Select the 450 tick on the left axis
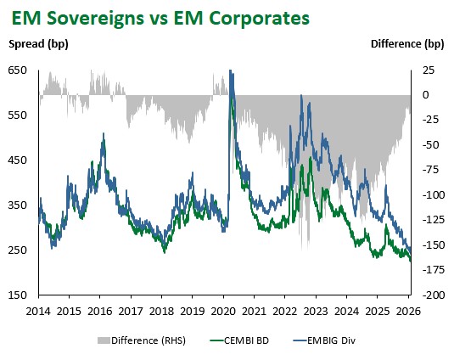point(18,160)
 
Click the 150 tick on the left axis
point(18,295)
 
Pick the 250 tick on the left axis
point(18,250)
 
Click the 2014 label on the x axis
point(38,311)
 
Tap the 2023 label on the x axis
point(316,311)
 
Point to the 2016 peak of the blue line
point(103,134)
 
